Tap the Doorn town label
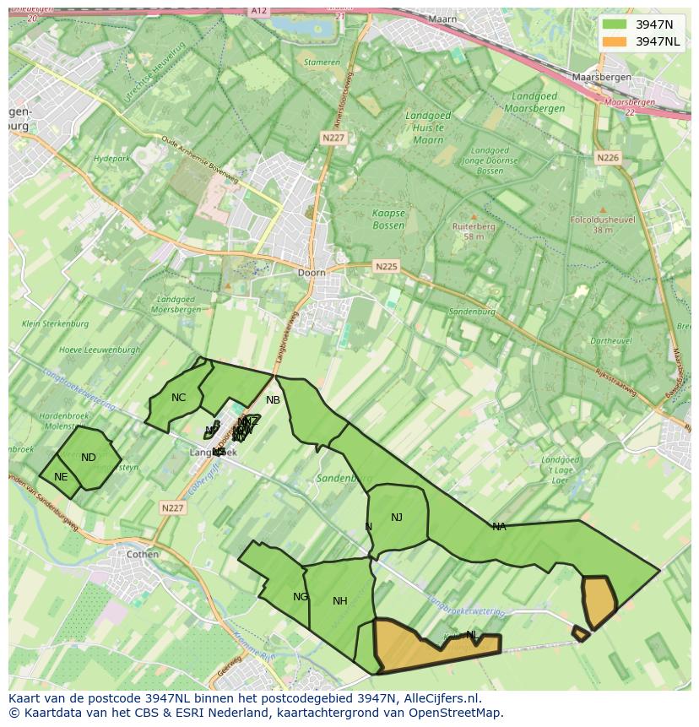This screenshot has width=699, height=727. pyautogui.click(x=312, y=273)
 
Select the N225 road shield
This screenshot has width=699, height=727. pyautogui.click(x=386, y=267)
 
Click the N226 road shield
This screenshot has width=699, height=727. pyautogui.click(x=608, y=158)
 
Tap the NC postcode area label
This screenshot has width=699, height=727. pyautogui.click(x=178, y=398)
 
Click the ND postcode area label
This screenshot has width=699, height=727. pyautogui.click(x=89, y=458)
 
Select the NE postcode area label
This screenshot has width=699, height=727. pyautogui.click(x=61, y=477)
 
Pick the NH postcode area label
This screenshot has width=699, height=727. pyautogui.click(x=340, y=601)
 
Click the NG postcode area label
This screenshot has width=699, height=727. pyautogui.click(x=301, y=597)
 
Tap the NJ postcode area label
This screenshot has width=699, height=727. pyautogui.click(x=397, y=518)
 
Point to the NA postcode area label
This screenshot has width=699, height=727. pyautogui.click(x=499, y=527)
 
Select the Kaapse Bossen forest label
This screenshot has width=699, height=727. pyautogui.click(x=389, y=220)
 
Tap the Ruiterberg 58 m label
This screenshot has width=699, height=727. pyautogui.click(x=474, y=231)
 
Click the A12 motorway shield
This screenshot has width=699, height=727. pyautogui.click(x=259, y=11)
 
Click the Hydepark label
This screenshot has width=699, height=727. pyautogui.click(x=111, y=159)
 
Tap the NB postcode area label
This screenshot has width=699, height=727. pyautogui.click(x=273, y=400)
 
